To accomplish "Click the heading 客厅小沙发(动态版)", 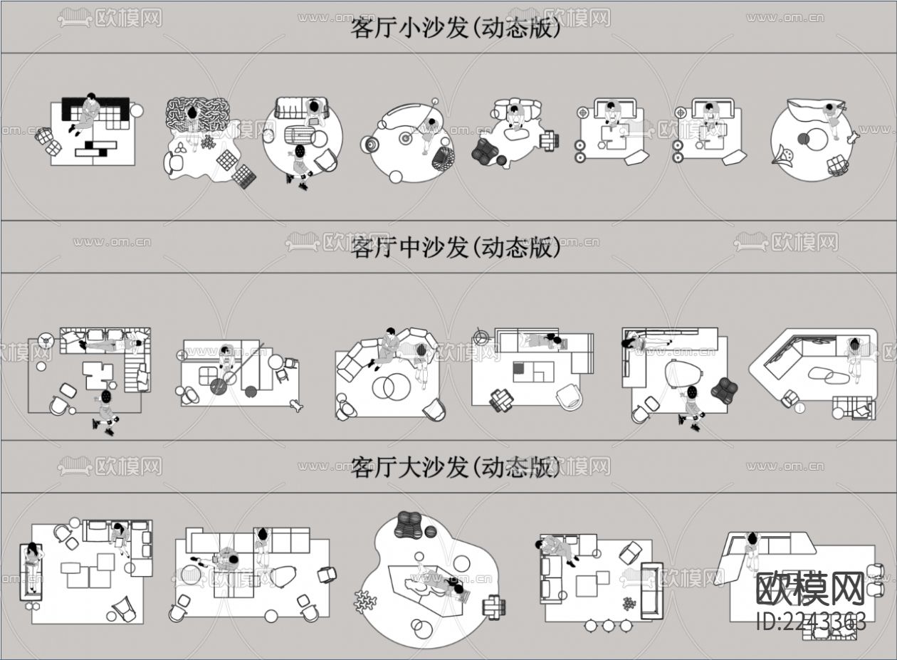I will tap(456, 28).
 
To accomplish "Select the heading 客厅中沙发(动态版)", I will tap(456, 248).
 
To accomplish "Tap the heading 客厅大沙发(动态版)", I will tap(456, 468).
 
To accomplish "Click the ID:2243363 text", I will tap(811, 622).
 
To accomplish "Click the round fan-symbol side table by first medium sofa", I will tap(47, 339).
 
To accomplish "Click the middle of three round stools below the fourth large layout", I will tap(609, 626).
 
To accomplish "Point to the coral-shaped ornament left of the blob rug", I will tap(364, 600).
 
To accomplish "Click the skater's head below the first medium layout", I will tap(106, 396).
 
